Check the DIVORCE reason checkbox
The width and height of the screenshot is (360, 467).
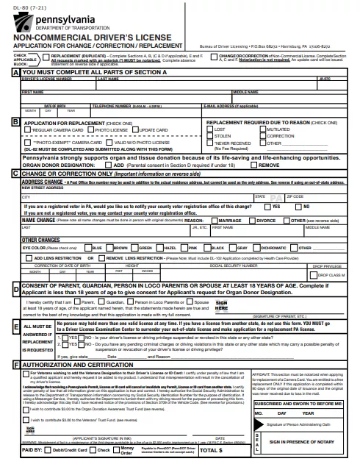point(251,220)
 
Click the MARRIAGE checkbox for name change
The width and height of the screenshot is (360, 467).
point(213,220)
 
